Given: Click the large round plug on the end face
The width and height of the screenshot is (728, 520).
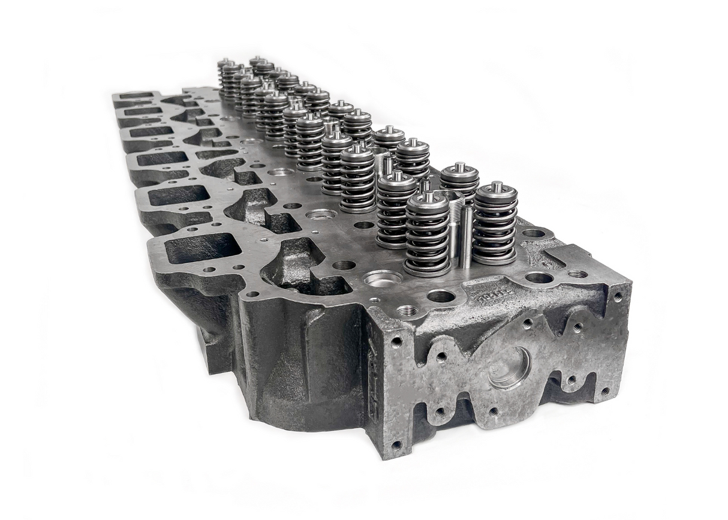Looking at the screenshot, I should (509, 368).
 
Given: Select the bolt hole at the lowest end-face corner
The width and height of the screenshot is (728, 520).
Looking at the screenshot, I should (396, 444).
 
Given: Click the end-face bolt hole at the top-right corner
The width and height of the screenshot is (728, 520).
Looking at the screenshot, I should (618, 296).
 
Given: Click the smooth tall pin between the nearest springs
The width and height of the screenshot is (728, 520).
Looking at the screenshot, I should (466, 236).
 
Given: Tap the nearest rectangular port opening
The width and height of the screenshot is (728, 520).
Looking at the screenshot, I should (203, 248).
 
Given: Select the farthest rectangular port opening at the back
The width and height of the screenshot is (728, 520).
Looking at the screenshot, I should (136, 95).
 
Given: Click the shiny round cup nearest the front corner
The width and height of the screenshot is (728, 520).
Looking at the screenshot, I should (382, 278).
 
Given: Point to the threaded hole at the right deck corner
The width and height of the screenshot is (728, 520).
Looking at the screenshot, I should (577, 273).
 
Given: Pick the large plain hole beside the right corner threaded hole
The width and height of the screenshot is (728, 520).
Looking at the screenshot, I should (539, 278).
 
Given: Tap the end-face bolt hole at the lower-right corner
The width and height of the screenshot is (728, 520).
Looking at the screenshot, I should (604, 390).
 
